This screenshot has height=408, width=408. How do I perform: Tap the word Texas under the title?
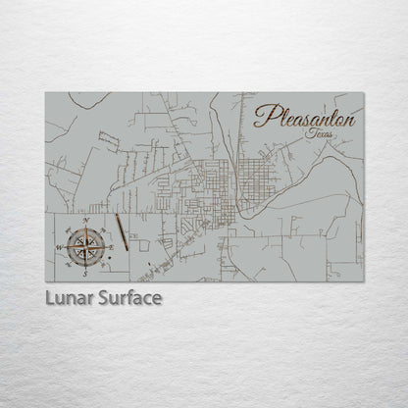320,132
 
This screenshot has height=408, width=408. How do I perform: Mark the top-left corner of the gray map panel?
46,93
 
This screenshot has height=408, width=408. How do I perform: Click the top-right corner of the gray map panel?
363,93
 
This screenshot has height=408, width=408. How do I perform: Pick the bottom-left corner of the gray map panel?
46,281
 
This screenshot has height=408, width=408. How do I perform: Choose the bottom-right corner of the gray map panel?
363,281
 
